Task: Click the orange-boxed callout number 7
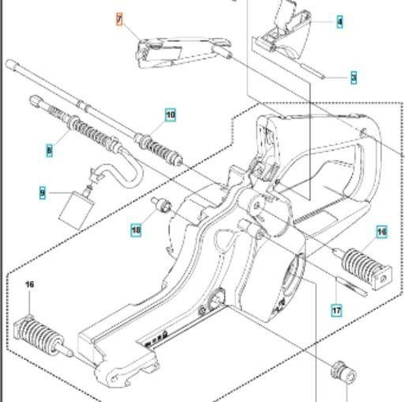[119, 18]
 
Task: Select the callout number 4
[339, 21]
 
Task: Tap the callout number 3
[354, 77]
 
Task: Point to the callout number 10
[171, 115]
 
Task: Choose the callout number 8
[49, 148]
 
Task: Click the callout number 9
[43, 192]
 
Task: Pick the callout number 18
[137, 229]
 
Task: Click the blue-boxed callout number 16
[382, 232]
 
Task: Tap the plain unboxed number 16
[30, 284]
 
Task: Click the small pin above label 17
[353, 284]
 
